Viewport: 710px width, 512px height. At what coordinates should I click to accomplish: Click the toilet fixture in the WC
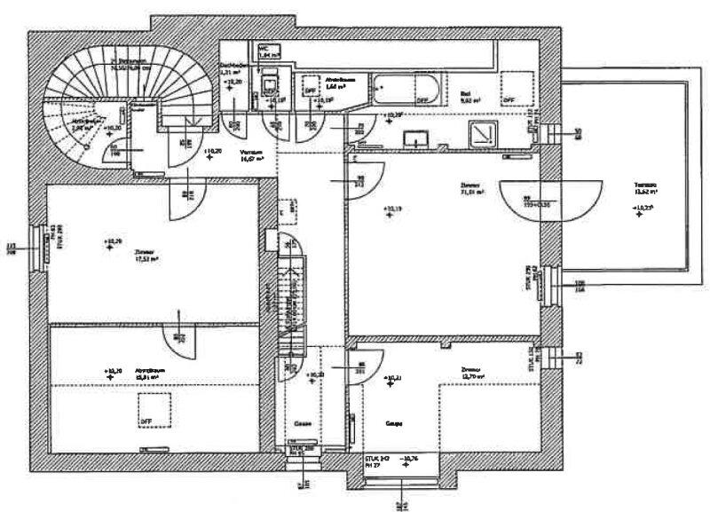point(266,88)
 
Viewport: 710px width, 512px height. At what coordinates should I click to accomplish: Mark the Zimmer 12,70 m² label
point(472,373)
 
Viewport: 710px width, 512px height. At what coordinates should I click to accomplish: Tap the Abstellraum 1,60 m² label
point(337,83)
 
